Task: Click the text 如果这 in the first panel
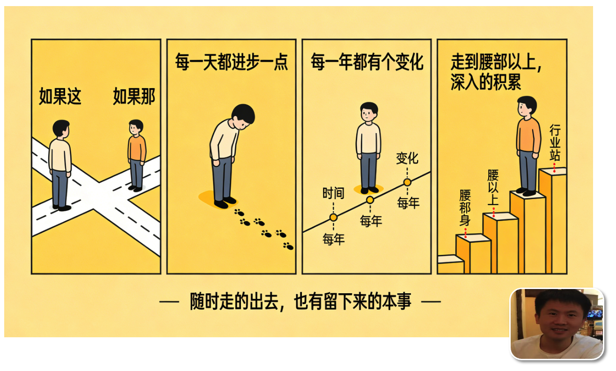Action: click(60, 96)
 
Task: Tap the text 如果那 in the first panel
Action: click(134, 96)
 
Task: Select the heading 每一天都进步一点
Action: click(232, 62)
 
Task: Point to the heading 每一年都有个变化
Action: click(367, 62)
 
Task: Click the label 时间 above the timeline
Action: click(333, 193)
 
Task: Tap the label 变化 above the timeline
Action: click(407, 158)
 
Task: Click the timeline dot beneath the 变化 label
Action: click(407, 182)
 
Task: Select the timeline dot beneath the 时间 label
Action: click(333, 217)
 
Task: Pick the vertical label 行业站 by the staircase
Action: click(555, 142)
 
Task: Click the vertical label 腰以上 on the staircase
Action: click(493, 187)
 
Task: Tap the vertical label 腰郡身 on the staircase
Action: click(465, 208)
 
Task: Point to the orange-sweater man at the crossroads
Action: click(137, 156)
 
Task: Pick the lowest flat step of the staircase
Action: click(450, 259)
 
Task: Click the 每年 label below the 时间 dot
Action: click(334, 239)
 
